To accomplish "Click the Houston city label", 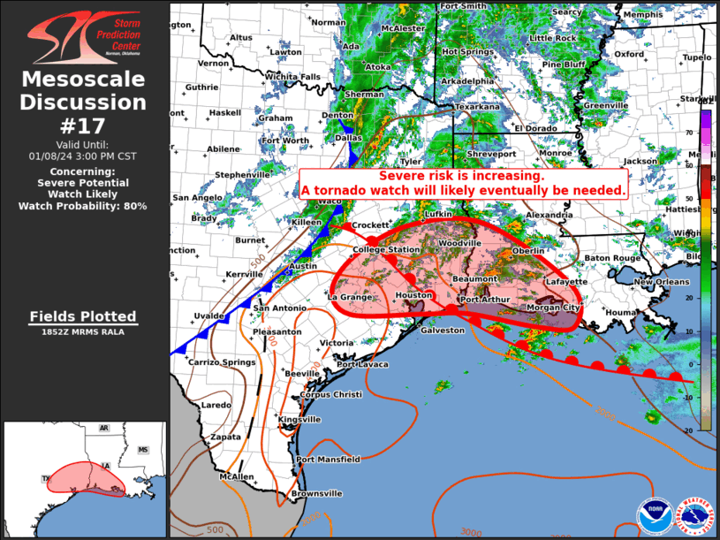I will [x=413, y=295].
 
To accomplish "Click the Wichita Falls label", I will [x=292, y=77].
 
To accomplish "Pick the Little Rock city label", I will [x=553, y=39].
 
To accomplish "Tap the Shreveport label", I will [x=491, y=153].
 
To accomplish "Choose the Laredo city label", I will [x=216, y=405].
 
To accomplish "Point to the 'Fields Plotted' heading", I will [x=83, y=316].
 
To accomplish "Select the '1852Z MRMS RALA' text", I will [x=83, y=332].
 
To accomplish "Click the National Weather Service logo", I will [x=693, y=514].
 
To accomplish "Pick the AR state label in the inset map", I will [x=104, y=429].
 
